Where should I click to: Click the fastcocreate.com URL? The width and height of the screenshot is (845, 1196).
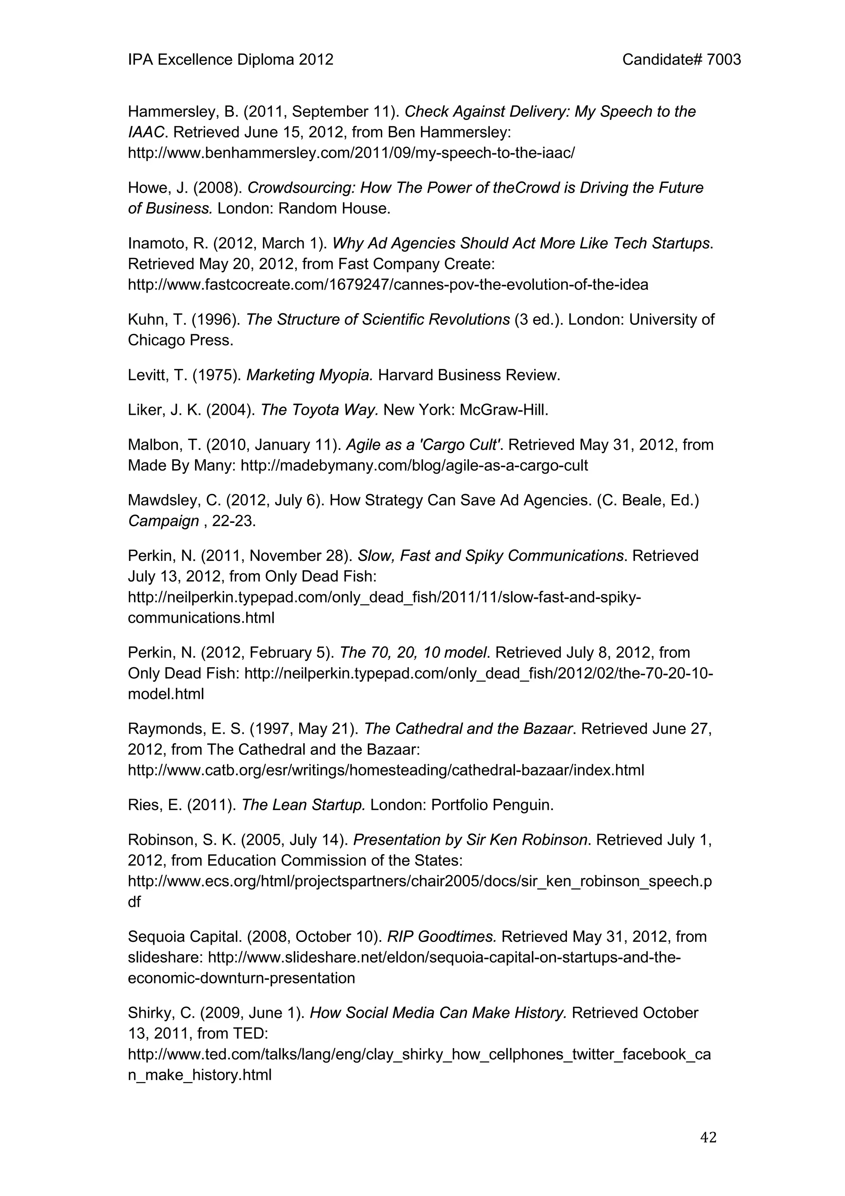click(388, 284)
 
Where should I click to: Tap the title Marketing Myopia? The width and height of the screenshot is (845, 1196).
click(309, 375)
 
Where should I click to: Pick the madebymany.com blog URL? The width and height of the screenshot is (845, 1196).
click(414, 465)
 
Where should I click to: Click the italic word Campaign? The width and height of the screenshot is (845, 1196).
click(163, 521)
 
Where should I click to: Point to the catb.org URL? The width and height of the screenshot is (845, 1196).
click(386, 770)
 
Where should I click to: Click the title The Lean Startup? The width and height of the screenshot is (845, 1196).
click(304, 805)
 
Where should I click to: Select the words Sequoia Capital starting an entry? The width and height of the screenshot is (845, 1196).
click(184, 936)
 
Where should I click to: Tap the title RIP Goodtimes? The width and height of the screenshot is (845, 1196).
click(441, 936)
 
